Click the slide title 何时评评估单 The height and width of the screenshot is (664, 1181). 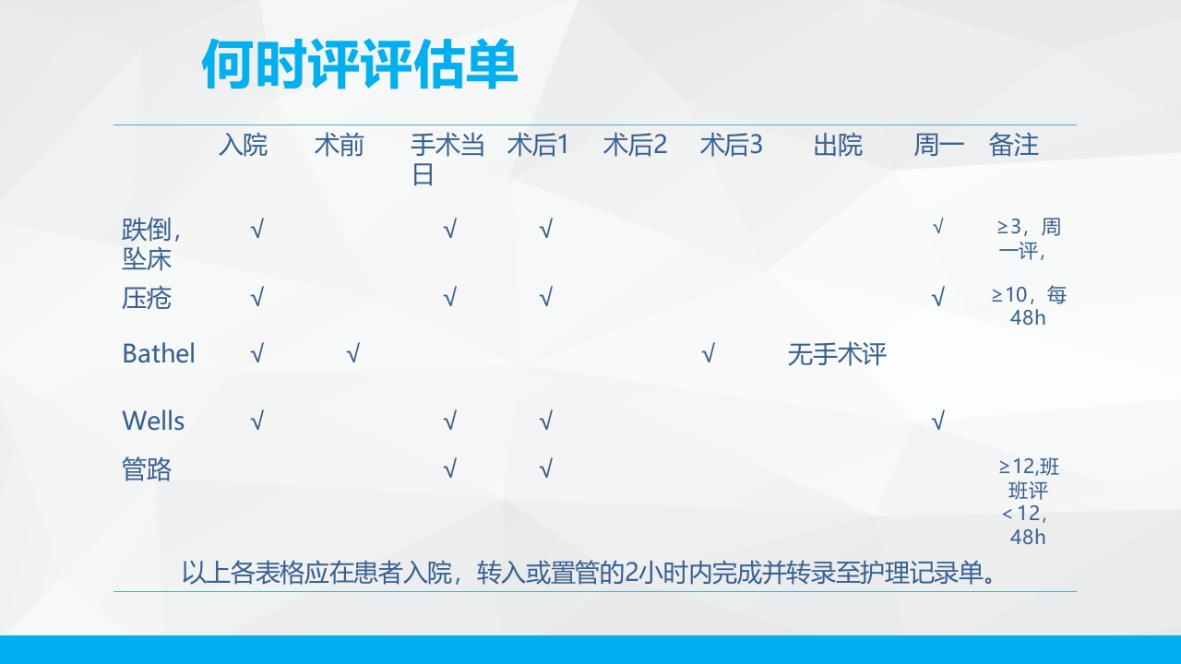pos(360,64)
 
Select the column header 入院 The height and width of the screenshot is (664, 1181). pos(243,146)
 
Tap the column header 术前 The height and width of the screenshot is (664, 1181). pos(339,146)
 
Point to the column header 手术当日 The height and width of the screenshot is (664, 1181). pos(447,160)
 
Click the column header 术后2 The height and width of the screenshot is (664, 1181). pos(635,146)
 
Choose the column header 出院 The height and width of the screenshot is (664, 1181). pos(838,146)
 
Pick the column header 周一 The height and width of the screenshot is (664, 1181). pos(938,146)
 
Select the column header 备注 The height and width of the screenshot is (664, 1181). pos(1013,146)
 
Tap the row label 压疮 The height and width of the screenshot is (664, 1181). pos(147,299)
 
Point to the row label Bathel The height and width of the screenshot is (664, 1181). pos(159,353)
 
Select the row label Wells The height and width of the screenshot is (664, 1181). pos(153,421)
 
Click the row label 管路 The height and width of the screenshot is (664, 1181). pos(147,469)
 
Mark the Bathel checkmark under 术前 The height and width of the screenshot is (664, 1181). pos(352,353)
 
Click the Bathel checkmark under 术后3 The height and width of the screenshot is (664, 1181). pos(708,353)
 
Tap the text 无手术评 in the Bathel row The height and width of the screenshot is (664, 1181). pos(837,354)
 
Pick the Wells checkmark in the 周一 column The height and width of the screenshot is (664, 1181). pos(937,421)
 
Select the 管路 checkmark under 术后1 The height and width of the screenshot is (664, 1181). pos(545,469)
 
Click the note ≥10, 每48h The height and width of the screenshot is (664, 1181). pos(1028,306)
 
